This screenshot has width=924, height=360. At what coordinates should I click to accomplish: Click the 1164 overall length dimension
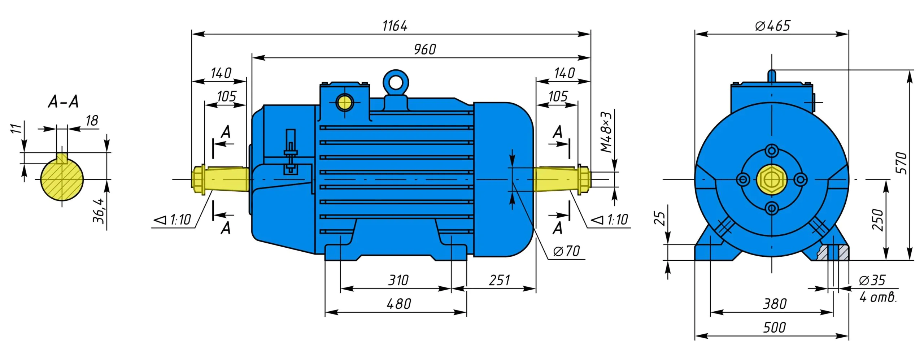[395, 26]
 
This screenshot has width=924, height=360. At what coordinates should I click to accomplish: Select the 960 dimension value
[425, 49]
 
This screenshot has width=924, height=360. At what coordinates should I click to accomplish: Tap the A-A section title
[63, 102]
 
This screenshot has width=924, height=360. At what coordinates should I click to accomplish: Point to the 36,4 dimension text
[99, 210]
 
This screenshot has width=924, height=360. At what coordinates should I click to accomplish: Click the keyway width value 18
[92, 121]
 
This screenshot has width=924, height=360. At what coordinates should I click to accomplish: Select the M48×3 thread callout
[606, 132]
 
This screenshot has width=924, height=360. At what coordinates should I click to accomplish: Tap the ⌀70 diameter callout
[566, 251]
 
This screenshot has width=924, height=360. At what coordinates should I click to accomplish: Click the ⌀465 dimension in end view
[772, 26]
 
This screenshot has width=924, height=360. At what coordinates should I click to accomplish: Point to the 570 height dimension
[901, 163]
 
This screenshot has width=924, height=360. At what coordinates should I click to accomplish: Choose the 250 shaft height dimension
[877, 220]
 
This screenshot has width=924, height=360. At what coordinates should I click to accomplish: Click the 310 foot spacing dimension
[398, 280]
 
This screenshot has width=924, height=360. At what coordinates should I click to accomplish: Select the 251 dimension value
[500, 280]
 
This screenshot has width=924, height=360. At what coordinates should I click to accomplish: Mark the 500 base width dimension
[774, 328]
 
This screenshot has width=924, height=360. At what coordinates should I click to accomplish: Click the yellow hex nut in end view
[772, 179]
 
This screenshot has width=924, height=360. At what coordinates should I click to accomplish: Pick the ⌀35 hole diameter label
[872, 280]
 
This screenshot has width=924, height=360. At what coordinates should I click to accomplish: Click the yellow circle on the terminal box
[345, 103]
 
